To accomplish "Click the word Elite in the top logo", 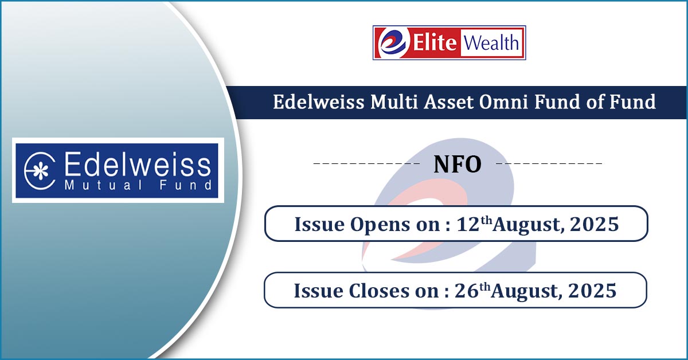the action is coord(435,42).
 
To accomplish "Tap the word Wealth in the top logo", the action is coord(491,42).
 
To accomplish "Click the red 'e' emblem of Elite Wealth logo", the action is coord(393,42).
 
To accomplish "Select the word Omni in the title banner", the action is coord(503,102).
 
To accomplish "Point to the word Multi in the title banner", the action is coord(394,102).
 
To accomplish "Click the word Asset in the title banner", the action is coord(448,102).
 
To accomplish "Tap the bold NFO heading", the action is coord(458,165).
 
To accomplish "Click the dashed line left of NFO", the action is coord(366,163).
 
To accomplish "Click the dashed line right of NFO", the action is coord(549,163).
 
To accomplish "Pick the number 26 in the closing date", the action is coord(467,291).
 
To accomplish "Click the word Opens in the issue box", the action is coord(380,225).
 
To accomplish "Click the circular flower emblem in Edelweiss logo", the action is coord(40,171).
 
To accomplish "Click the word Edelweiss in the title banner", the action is coord(319,102).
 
